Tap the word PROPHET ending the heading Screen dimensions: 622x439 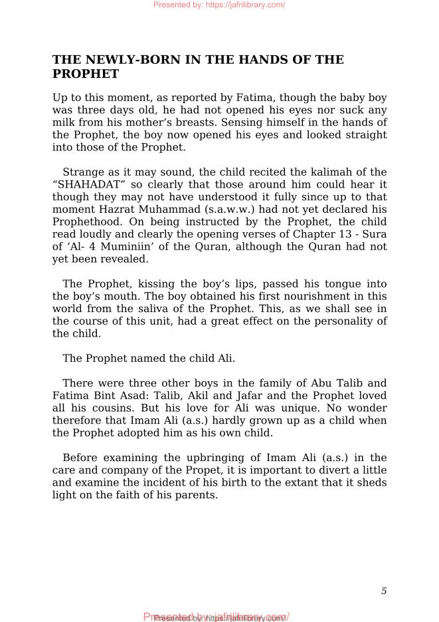pos(86,74)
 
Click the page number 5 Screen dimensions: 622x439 pos(384,591)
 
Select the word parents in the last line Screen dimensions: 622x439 pos(196,496)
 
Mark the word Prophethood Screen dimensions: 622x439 pos(84,222)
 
